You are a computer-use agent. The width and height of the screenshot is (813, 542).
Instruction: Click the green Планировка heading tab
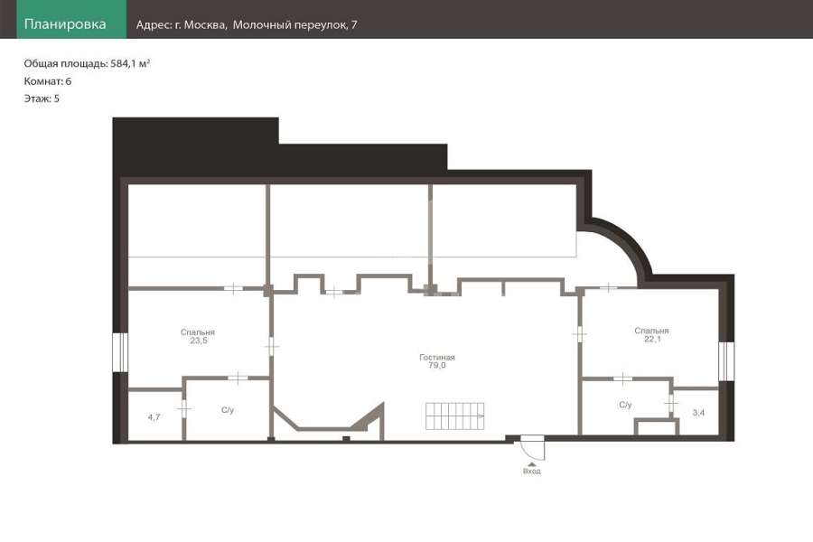(71, 19)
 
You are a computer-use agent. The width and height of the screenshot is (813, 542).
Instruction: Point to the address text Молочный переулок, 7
(294, 25)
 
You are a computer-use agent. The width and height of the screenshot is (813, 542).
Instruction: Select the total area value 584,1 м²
(130, 64)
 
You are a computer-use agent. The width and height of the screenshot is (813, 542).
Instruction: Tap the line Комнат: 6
(48, 81)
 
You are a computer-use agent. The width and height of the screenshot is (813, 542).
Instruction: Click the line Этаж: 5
(42, 98)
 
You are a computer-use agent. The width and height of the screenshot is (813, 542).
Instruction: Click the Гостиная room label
(437, 357)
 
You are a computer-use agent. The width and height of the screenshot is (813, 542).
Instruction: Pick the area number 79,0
(437, 365)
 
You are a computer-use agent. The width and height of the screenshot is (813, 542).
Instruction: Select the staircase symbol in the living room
(454, 416)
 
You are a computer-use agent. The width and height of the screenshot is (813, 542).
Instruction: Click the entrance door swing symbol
(532, 447)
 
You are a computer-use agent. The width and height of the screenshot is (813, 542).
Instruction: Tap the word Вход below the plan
(532, 472)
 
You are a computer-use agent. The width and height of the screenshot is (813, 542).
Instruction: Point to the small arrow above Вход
(532, 464)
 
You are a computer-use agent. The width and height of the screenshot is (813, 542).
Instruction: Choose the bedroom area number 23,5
(199, 341)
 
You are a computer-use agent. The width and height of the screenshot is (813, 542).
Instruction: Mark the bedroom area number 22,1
(652, 339)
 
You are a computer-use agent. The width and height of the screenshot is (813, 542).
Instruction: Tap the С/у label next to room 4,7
(228, 410)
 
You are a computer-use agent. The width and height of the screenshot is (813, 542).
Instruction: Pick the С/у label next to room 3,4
(625, 405)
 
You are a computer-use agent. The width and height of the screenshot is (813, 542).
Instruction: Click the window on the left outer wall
(120, 352)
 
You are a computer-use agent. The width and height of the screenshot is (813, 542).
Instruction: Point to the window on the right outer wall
(726, 361)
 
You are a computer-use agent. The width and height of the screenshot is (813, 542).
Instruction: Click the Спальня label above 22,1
(651, 331)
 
